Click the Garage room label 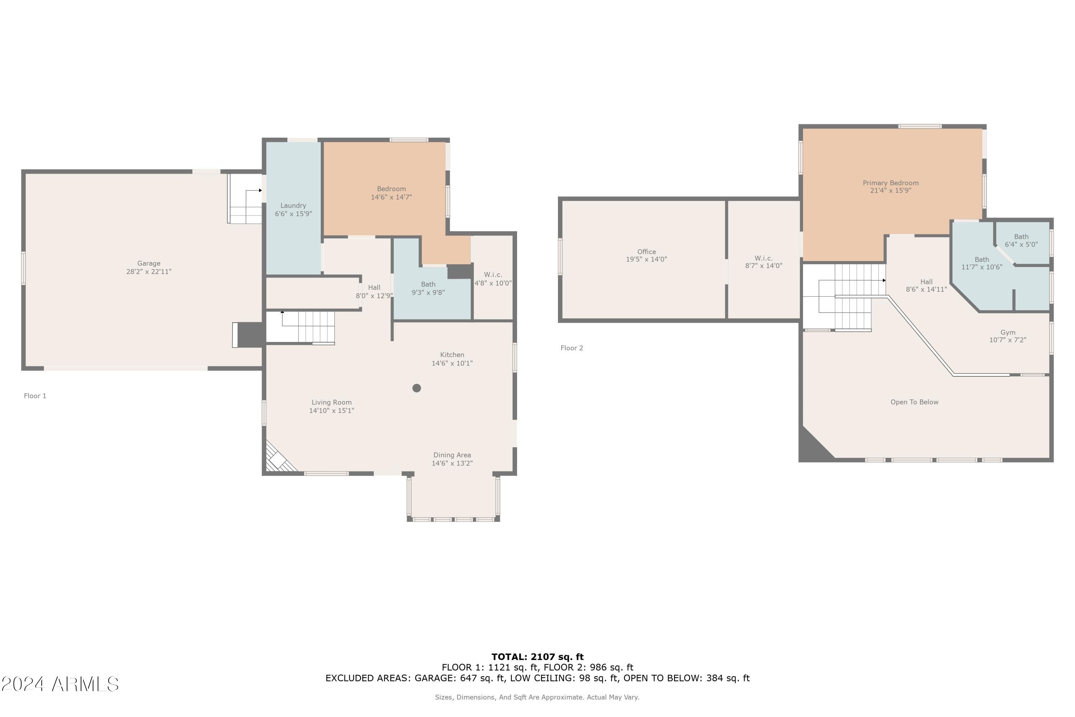point(149,263)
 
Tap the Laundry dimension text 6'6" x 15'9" point(293,214)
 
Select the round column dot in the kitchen point(416,388)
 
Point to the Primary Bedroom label point(890,183)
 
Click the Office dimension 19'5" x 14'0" point(646,259)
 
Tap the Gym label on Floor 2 point(1007,332)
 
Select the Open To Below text point(914,402)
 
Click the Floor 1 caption point(35,396)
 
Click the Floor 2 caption point(572,348)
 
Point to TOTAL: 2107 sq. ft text point(537,657)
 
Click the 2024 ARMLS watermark point(60,684)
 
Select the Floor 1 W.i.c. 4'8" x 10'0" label point(493,279)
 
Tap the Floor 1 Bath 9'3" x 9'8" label point(428,289)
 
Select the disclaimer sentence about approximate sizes point(537,697)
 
